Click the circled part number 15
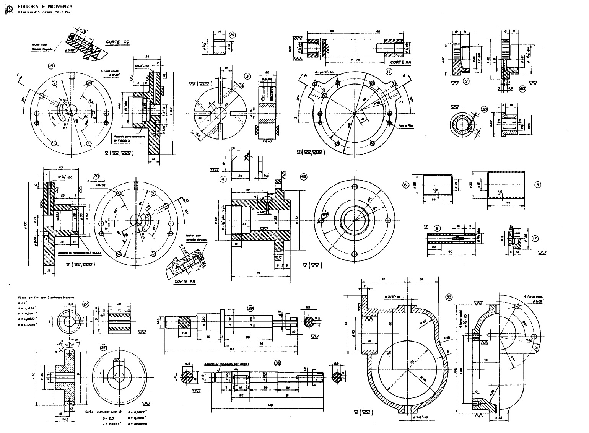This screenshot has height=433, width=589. click(51, 66)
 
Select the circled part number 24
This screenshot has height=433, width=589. click(232, 35)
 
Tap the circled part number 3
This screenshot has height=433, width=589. click(248, 77)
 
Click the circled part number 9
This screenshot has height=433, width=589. click(465, 81)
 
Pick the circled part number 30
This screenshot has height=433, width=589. click(485, 109)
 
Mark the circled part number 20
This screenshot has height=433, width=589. click(96, 173)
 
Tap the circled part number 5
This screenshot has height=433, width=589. click(538, 184)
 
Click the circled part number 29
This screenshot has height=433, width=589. click(251, 308)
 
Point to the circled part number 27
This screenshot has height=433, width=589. click(86, 304)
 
